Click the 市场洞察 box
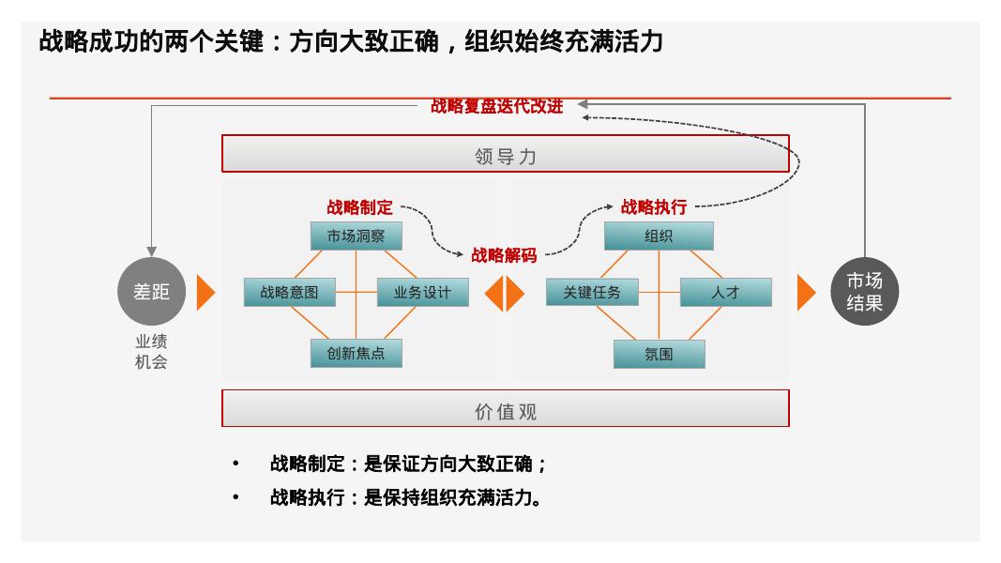pyautogui.click(x=356, y=236)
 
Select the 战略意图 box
pyautogui.click(x=289, y=292)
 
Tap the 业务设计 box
pyautogui.click(x=422, y=292)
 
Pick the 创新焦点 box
pyautogui.click(x=356, y=354)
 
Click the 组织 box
pyautogui.click(x=659, y=236)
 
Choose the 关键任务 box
pyautogui.click(x=591, y=292)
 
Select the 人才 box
pyautogui.click(x=725, y=292)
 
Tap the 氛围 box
pyautogui.click(x=659, y=355)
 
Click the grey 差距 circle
pyautogui.click(x=151, y=292)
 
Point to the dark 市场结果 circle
pyautogui.click(x=864, y=292)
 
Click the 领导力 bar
pyautogui.click(x=505, y=156)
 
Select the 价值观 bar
pyautogui.click(x=505, y=411)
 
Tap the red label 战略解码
pyautogui.click(x=504, y=255)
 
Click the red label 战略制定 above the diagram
pyautogui.click(x=359, y=207)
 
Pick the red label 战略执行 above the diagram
pyautogui.click(x=653, y=207)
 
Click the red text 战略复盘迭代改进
pyautogui.click(x=497, y=106)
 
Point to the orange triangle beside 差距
pyautogui.click(x=205, y=293)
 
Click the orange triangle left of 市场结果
pyautogui.click(x=805, y=293)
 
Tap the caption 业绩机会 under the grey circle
pyautogui.click(x=151, y=352)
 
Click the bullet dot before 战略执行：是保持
pyautogui.click(x=236, y=496)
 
